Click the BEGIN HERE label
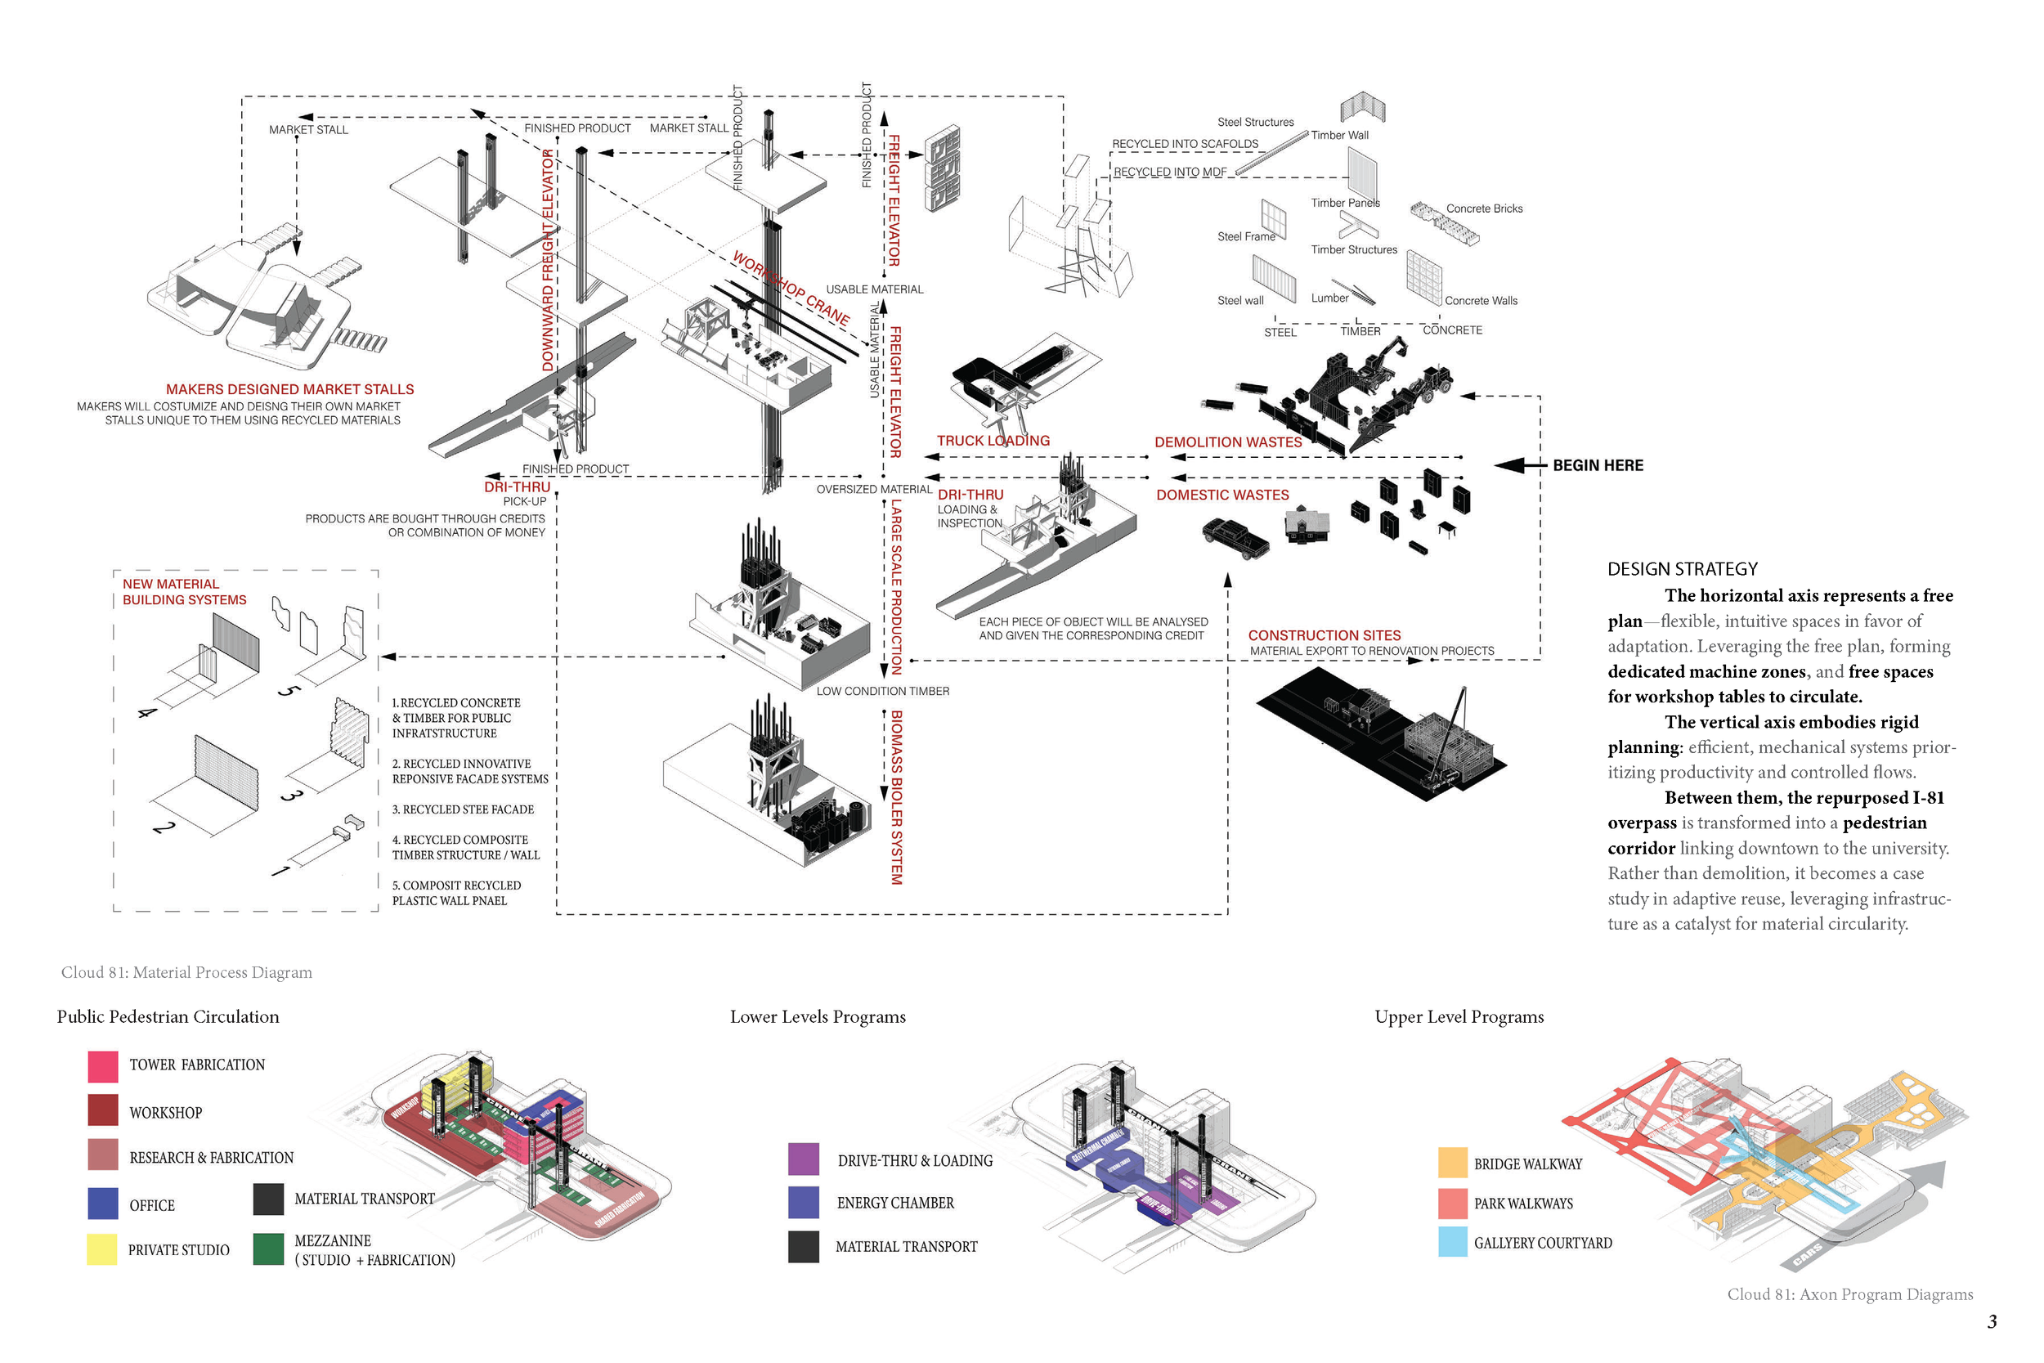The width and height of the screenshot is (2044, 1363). click(x=1598, y=465)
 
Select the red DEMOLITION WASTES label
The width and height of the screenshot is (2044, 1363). click(x=1227, y=442)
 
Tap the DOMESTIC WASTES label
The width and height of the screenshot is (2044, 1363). click(x=1221, y=495)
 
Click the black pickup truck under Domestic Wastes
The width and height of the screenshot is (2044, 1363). click(x=1235, y=536)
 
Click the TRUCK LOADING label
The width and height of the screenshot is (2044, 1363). click(x=993, y=441)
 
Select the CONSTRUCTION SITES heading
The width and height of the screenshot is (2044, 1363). click(x=1324, y=635)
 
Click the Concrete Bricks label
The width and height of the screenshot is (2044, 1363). click(x=1483, y=208)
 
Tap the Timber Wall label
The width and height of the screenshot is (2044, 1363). click(x=1339, y=135)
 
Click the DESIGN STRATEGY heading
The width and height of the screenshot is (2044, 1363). click(x=1682, y=569)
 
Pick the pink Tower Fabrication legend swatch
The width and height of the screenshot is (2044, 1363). click(x=102, y=1066)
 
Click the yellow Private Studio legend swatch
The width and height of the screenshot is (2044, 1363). click(x=101, y=1249)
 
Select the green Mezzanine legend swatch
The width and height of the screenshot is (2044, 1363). click(x=268, y=1249)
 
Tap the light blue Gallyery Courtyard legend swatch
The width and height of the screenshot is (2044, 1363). click(x=1452, y=1241)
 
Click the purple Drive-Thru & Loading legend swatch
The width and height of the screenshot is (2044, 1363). click(x=803, y=1159)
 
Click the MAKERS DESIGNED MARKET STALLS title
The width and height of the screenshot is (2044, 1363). click(x=289, y=389)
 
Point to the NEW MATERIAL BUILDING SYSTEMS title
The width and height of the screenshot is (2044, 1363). click(x=183, y=592)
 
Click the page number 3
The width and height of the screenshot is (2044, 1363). click(x=1991, y=1322)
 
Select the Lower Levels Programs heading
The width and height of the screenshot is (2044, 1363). click(x=817, y=1016)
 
